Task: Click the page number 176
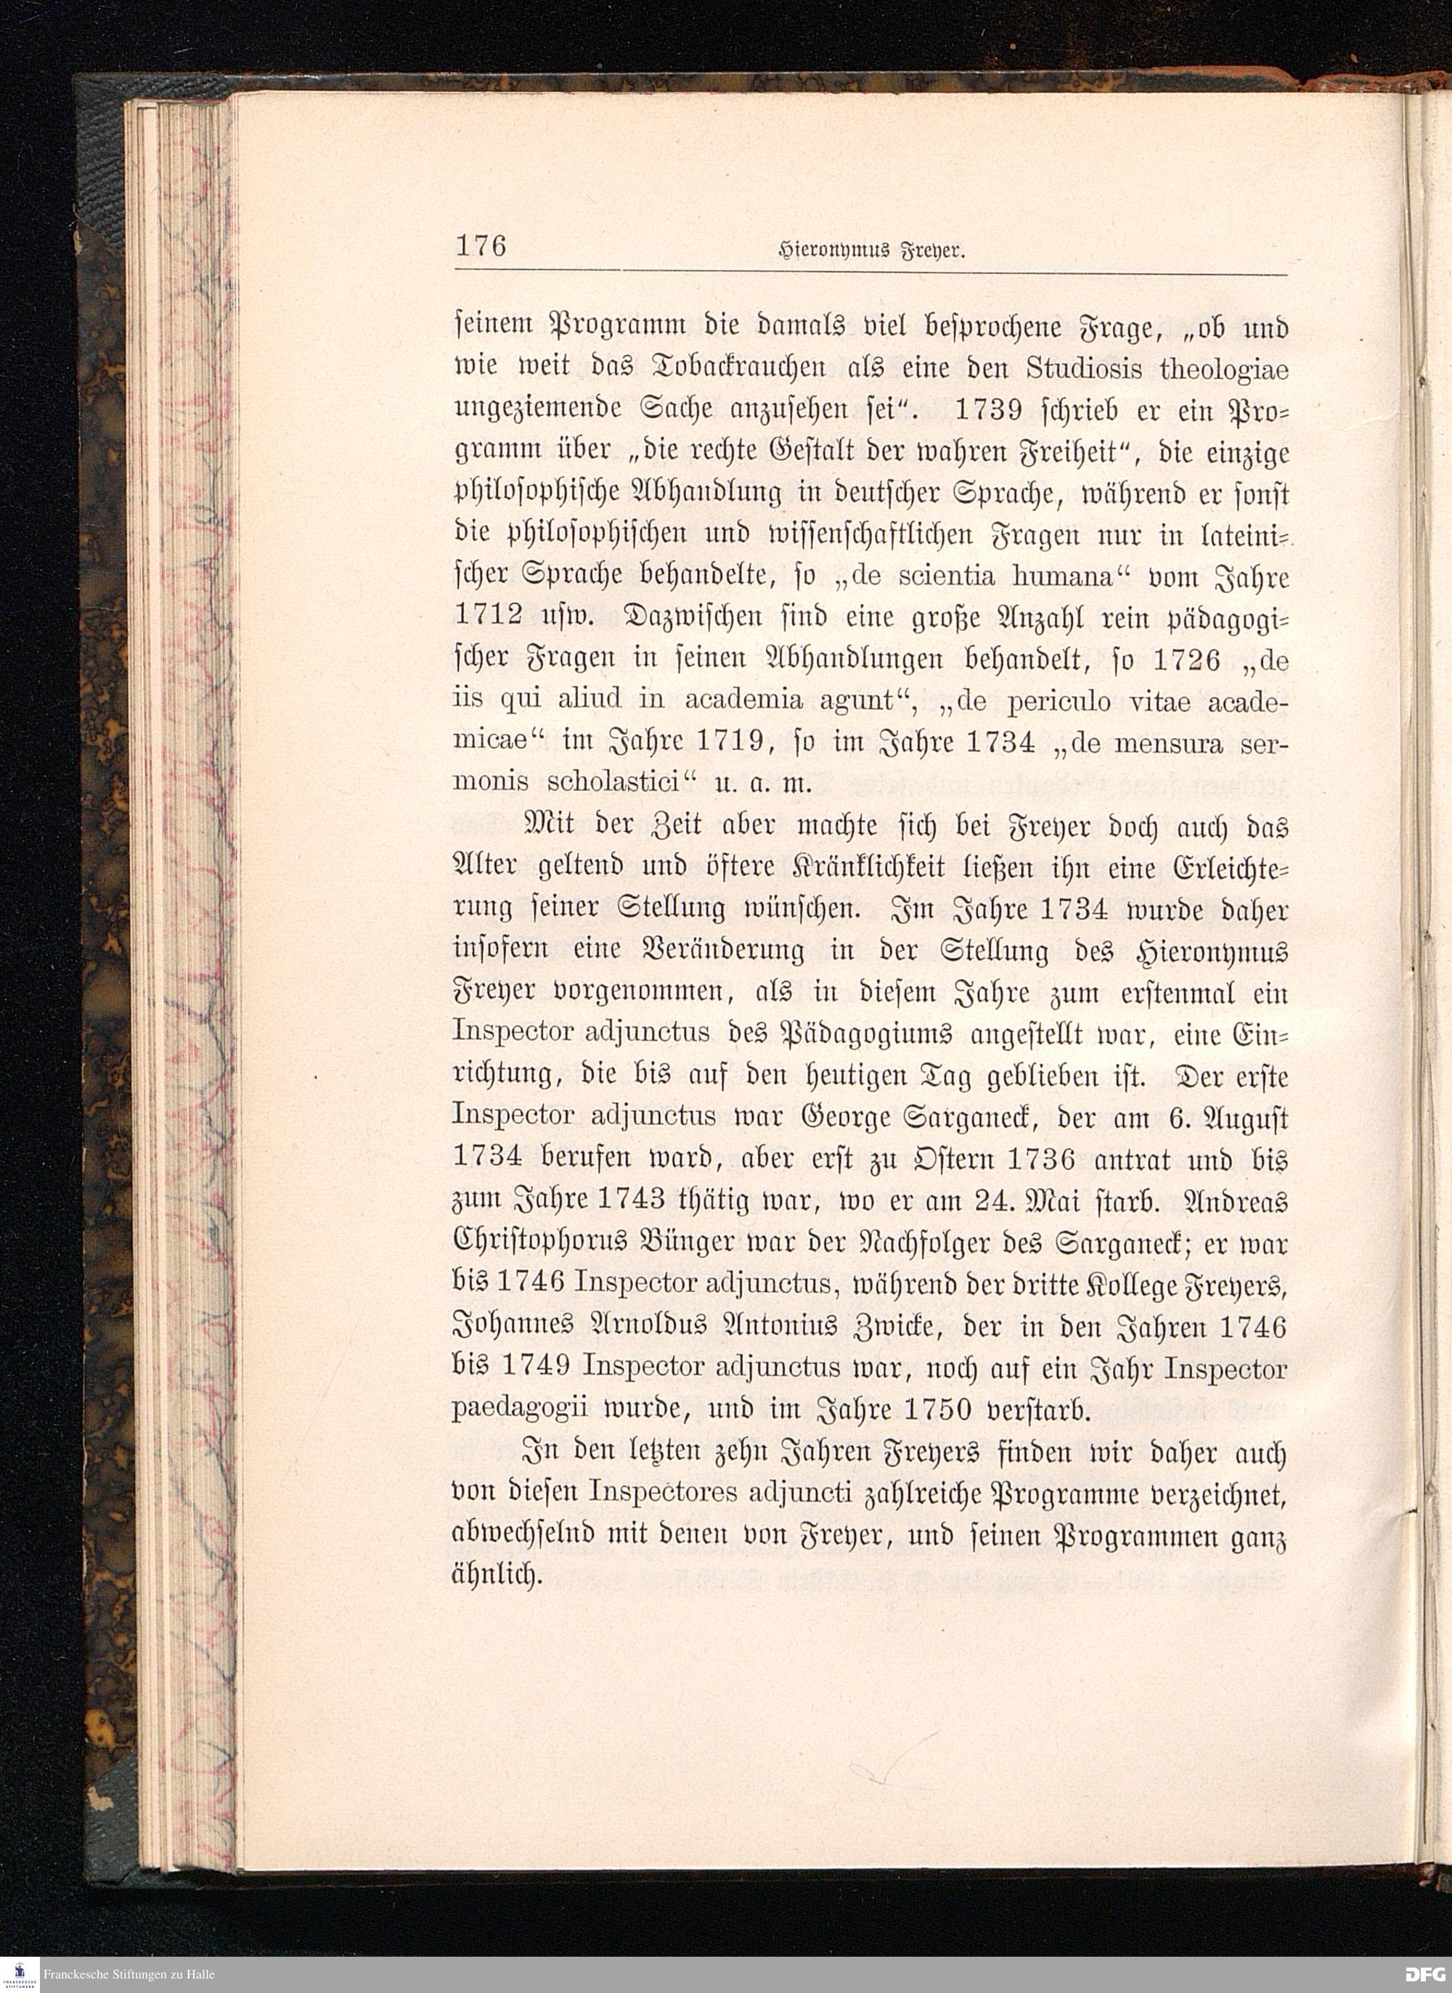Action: [x=481, y=245]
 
